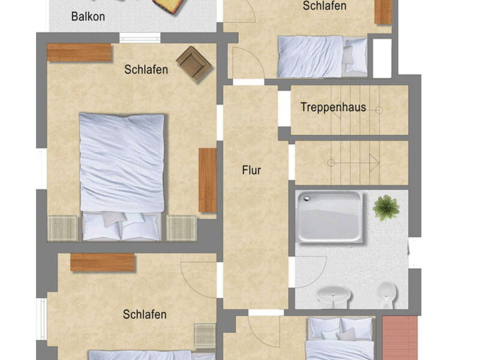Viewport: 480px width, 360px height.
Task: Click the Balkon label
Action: (x=88, y=16)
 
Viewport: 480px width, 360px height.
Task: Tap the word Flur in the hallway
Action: (x=251, y=170)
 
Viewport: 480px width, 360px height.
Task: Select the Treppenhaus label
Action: (x=333, y=108)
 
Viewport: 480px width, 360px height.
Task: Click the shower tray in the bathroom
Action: (x=329, y=216)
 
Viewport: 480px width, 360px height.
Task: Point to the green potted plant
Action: (x=386, y=208)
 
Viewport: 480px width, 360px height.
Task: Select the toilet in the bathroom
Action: (x=386, y=294)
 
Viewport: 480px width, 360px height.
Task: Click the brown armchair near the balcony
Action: (x=194, y=63)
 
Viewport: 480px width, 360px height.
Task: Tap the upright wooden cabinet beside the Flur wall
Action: (x=208, y=180)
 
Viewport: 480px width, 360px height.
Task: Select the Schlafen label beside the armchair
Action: (x=146, y=70)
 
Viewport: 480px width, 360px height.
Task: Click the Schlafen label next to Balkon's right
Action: (x=324, y=6)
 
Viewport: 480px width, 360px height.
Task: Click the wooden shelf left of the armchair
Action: (x=80, y=53)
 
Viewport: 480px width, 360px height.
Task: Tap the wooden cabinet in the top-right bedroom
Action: (x=383, y=11)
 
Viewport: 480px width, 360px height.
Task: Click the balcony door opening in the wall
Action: (x=139, y=37)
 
